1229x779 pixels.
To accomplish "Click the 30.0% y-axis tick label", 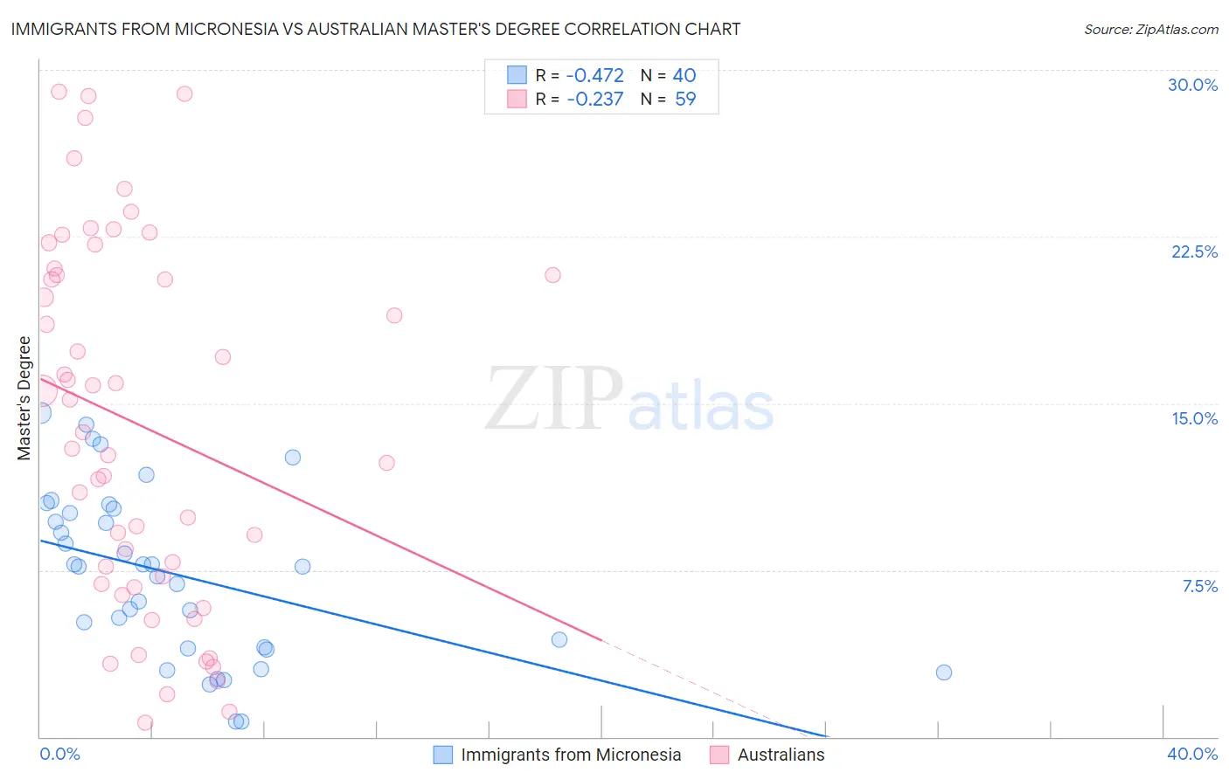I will [1192, 85].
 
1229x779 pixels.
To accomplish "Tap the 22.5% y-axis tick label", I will [1194, 252].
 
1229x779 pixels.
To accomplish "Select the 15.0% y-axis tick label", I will [1194, 418].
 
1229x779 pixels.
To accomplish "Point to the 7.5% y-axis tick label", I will [1199, 586].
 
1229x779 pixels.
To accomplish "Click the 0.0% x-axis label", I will [59, 754].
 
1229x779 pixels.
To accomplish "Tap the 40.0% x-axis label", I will [1192, 754].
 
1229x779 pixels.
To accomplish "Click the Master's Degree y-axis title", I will [24, 398].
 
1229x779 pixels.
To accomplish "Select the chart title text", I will [376, 29].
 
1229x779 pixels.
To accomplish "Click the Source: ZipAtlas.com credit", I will [1150, 29].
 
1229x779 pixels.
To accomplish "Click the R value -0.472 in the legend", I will [594, 76].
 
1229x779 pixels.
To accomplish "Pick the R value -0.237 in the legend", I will [594, 100].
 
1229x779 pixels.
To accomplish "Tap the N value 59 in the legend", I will [685, 100].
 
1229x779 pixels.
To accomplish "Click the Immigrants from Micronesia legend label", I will [570, 755].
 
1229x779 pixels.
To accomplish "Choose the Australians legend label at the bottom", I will [781, 755].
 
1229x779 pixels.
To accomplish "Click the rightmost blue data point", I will [943, 672].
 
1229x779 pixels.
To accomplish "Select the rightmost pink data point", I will [552, 275].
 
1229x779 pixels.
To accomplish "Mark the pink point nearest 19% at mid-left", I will [394, 315].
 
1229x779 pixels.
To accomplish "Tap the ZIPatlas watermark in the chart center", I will [629, 398].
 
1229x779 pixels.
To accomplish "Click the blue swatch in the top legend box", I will [517, 75].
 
